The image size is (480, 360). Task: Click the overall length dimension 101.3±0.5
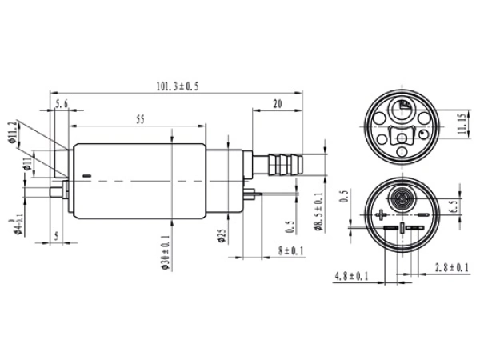pyautogui.click(x=175, y=86)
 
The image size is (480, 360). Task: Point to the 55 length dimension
pyautogui.click(x=139, y=120)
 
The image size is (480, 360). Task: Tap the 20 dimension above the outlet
pyautogui.click(x=277, y=103)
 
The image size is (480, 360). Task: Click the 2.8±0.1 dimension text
pyautogui.click(x=450, y=266)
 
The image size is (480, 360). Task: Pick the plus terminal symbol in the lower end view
pyautogui.click(x=382, y=214)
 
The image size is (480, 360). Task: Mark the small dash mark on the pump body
pyautogui.click(x=87, y=175)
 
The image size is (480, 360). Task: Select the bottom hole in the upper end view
pyautogui.click(x=402, y=152)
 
